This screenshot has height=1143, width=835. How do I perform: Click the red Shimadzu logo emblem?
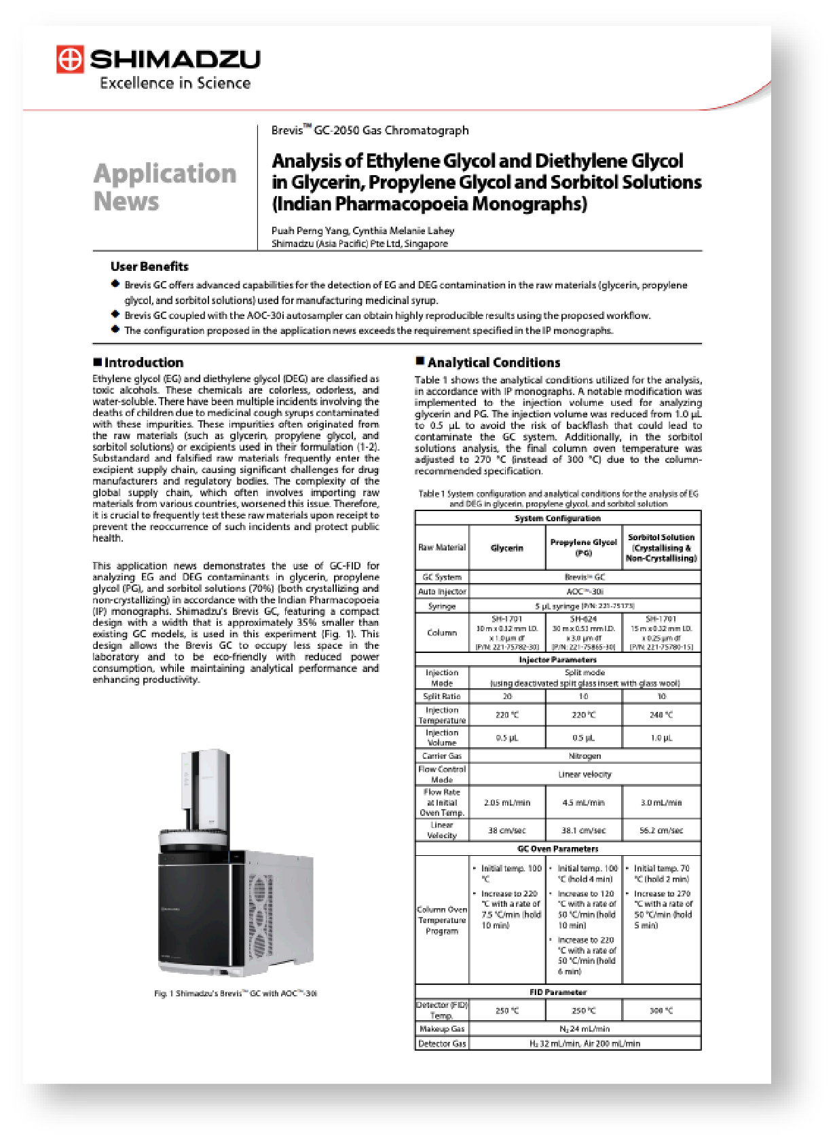tap(70, 59)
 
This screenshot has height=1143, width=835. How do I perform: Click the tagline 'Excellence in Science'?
tap(175, 83)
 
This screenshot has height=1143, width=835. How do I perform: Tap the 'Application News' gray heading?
tap(164, 187)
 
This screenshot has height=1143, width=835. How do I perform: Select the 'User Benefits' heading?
tap(149, 267)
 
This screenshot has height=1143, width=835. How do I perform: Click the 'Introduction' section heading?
tap(143, 362)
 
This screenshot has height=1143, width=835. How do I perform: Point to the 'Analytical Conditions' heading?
tap(494, 362)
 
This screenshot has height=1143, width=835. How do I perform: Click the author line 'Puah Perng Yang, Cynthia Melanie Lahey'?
tap(363, 231)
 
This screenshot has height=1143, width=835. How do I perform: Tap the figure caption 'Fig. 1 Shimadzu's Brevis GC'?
tap(235, 994)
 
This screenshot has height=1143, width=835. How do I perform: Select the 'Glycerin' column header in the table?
tap(507, 548)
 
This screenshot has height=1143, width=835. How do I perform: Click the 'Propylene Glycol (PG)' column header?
tap(583, 547)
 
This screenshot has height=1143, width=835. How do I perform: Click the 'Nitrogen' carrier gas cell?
tap(584, 755)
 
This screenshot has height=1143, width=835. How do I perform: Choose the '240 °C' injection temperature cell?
tap(661, 715)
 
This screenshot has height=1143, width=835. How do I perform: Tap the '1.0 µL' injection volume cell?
tap(661, 738)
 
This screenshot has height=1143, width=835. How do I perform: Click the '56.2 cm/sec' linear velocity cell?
tap(661, 830)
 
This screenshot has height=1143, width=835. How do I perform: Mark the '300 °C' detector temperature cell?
tap(661, 1011)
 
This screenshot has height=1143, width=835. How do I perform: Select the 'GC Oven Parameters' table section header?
tap(557, 848)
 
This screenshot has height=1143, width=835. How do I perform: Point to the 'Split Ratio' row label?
tap(442, 696)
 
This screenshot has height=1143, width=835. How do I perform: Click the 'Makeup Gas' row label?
tap(442, 1029)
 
